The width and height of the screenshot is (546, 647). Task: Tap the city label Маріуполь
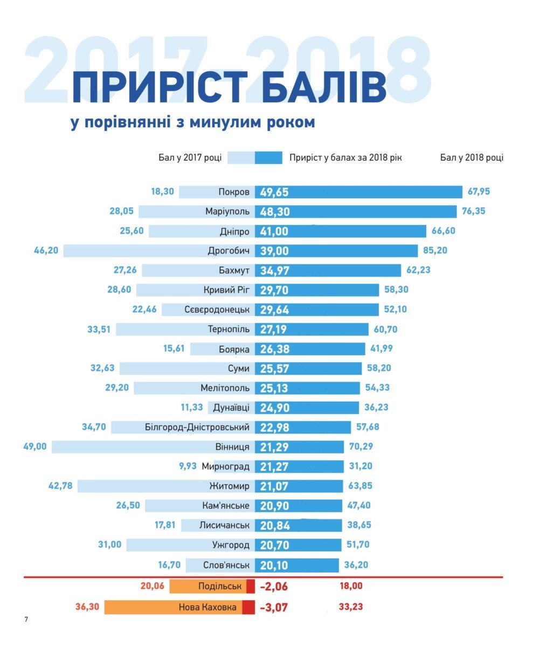[227, 211]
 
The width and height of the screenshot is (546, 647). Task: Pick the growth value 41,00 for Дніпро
[274, 231]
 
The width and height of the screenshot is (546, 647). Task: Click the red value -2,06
[274, 587]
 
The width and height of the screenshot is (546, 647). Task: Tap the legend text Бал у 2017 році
[190, 157]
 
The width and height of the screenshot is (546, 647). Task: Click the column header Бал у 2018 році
[472, 157]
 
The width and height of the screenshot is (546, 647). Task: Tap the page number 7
[26, 619]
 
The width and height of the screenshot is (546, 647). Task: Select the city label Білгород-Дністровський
[197, 427]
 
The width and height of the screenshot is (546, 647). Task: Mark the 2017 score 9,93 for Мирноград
[188, 466]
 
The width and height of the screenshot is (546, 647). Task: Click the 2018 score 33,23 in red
[350, 607]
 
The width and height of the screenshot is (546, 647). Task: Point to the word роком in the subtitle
[291, 122]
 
